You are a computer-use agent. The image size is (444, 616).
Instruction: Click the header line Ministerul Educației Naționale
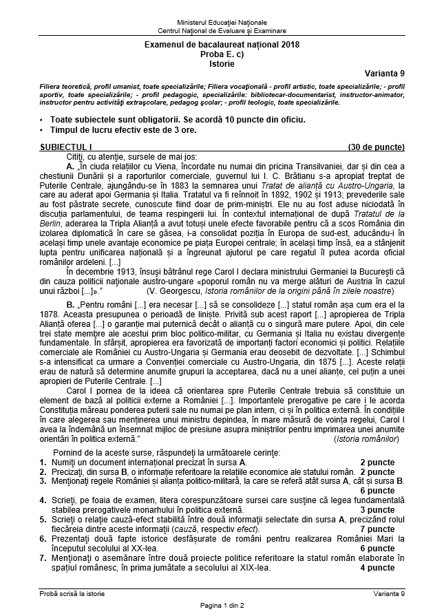coord(222,23)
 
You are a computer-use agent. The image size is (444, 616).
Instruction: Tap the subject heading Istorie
coord(222,64)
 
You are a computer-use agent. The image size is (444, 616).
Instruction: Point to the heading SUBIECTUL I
coord(65,147)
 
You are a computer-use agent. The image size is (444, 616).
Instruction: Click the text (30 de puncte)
coord(376,147)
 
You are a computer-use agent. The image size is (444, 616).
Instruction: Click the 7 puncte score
coord(377,549)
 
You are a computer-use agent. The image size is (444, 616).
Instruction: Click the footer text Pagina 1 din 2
coord(222,604)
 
